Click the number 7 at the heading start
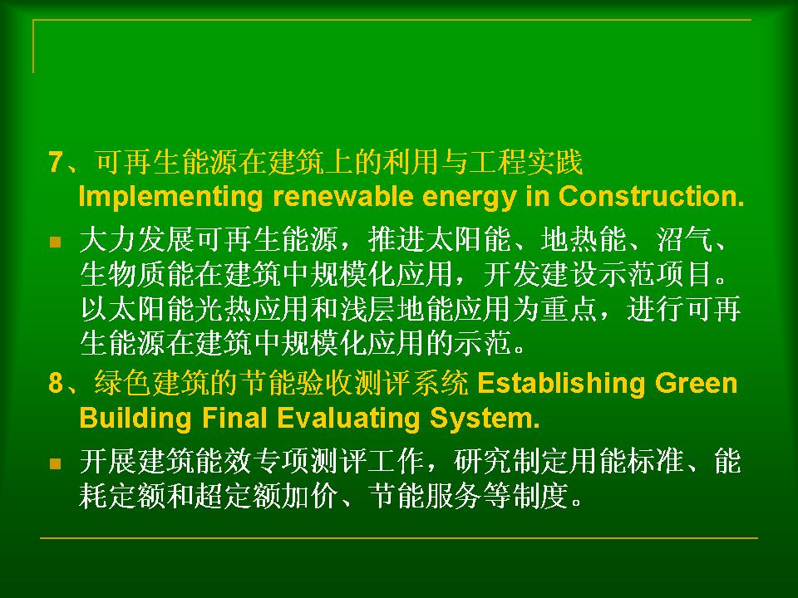click(x=56, y=162)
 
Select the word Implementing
click(x=170, y=198)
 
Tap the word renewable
click(x=342, y=196)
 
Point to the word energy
click(x=469, y=199)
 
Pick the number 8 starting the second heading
click(x=56, y=383)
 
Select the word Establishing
click(x=561, y=385)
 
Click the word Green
click(x=696, y=383)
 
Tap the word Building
click(x=135, y=419)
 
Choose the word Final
click(x=234, y=418)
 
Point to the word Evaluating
click(x=348, y=419)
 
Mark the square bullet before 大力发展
click(x=56, y=242)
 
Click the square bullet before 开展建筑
click(x=56, y=463)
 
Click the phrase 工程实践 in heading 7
click(x=525, y=162)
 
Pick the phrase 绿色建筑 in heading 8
click(x=151, y=383)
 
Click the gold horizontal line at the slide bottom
click(x=399, y=537)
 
